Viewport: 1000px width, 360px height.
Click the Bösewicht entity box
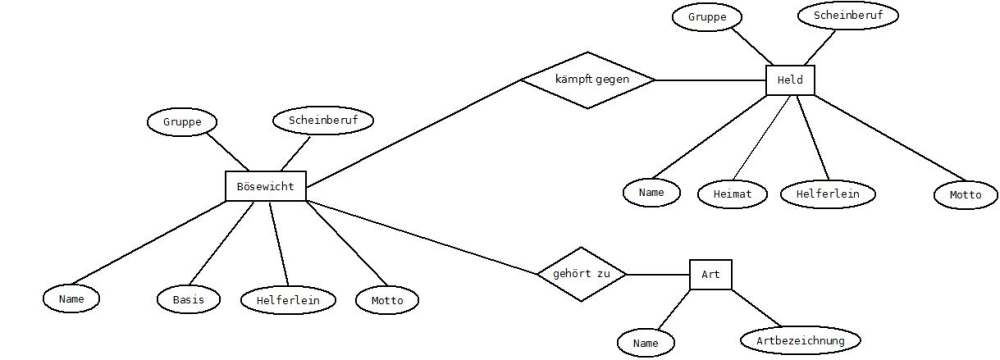pos(266,186)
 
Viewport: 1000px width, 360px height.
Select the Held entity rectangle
pos(790,80)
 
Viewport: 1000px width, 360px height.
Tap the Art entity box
pos(710,274)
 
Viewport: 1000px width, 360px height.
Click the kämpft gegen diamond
pos(588,80)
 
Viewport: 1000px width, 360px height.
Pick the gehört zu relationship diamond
pos(582,274)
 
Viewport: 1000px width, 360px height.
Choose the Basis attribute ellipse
pos(189,299)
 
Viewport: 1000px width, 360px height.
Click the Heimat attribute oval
pos(733,194)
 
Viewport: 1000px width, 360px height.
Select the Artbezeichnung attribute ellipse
pos(800,340)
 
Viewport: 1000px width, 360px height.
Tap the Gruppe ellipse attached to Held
pos(707,17)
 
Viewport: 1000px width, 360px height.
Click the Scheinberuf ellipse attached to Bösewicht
pos(323,120)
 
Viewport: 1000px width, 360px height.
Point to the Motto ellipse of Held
pos(966,195)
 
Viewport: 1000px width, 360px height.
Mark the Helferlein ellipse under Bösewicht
pos(288,300)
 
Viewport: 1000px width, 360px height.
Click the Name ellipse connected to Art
pos(645,343)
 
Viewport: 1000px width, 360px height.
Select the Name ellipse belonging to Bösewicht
pos(71,298)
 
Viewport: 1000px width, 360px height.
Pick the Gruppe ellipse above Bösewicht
pos(182,122)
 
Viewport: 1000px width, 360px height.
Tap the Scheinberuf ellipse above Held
pos(848,16)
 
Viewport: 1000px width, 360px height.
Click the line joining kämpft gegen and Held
pos(710,80)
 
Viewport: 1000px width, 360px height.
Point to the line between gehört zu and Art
pos(658,274)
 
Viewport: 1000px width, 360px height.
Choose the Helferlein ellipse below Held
pos(828,193)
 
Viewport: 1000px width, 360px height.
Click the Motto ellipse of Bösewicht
pos(387,300)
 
